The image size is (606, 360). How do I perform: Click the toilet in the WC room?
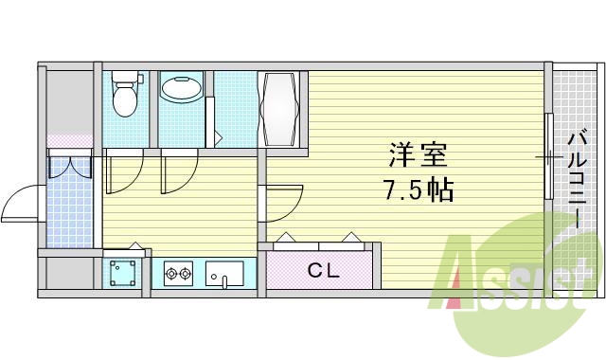click(124, 95)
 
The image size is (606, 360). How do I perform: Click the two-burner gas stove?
click(178, 276)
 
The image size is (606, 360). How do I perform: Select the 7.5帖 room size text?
click(419, 191)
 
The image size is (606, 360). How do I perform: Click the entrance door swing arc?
click(19, 204)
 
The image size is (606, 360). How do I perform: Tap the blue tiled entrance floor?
click(72, 213)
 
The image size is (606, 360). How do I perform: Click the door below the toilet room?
click(123, 171)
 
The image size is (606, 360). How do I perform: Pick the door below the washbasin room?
click(179, 171)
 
